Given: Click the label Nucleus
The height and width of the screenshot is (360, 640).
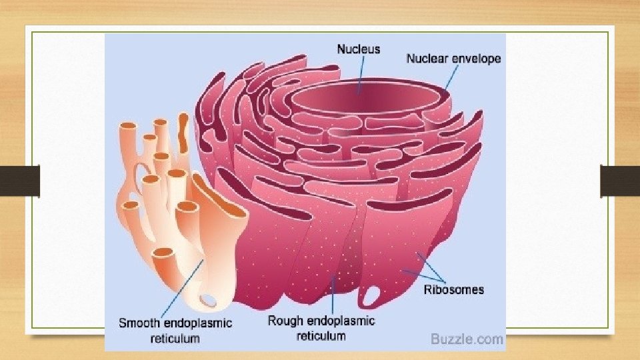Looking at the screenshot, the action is click(x=358, y=49).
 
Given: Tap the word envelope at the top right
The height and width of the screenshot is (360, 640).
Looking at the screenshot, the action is click(x=477, y=59).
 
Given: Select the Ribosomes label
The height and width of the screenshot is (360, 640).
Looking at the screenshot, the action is click(x=454, y=289).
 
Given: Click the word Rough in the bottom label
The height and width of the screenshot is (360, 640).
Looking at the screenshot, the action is click(x=283, y=321).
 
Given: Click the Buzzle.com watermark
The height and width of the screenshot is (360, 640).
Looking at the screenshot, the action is click(x=467, y=339).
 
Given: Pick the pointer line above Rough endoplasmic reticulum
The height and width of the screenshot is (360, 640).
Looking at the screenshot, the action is click(x=333, y=293).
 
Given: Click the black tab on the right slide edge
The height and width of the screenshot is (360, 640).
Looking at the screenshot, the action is click(x=620, y=181).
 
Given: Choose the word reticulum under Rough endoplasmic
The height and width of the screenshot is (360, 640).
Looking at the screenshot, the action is click(x=321, y=335).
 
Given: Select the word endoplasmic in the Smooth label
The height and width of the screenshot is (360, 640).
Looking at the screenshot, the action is click(x=198, y=323).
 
